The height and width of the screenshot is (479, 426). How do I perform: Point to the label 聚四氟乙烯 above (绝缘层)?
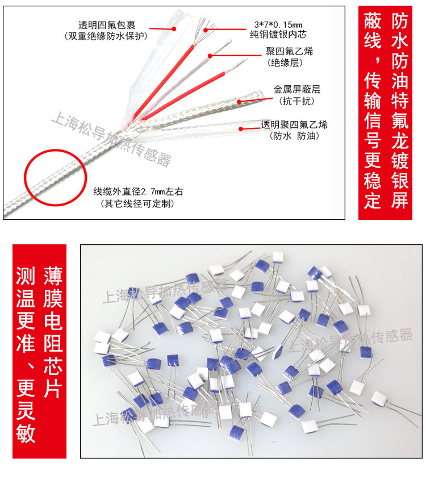pyautogui.click(x=289, y=52)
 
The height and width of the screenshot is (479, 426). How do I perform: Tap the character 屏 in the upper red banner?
pyautogui.click(x=400, y=200)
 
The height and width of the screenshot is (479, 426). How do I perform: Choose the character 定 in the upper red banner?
pyautogui.click(x=373, y=200)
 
